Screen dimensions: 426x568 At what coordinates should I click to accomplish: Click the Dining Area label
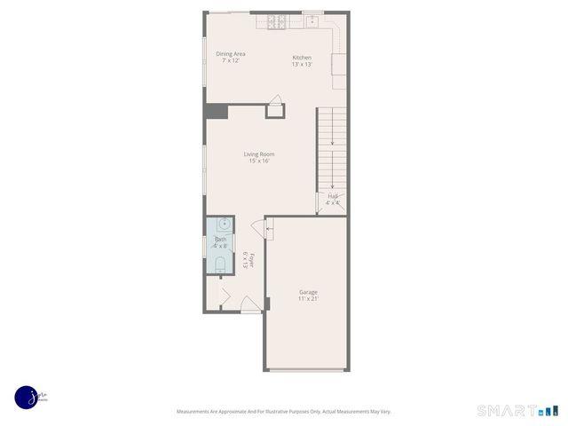click(x=231, y=54)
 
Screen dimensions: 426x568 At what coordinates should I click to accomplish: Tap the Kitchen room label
click(x=303, y=59)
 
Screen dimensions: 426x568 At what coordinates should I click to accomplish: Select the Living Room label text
click(x=259, y=154)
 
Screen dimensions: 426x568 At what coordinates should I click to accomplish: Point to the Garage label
click(x=308, y=292)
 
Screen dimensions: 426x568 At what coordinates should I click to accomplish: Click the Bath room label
click(x=220, y=240)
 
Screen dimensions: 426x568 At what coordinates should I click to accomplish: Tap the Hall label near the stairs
click(x=333, y=196)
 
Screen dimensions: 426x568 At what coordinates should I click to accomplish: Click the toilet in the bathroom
click(x=220, y=264)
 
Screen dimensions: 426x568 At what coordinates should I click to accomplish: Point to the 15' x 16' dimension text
click(x=259, y=161)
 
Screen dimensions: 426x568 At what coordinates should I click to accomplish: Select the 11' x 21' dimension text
click(x=308, y=298)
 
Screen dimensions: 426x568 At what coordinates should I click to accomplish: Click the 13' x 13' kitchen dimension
click(x=303, y=65)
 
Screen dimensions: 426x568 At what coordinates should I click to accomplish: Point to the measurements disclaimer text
click(x=283, y=412)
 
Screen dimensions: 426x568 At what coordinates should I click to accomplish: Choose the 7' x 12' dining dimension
click(x=231, y=60)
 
